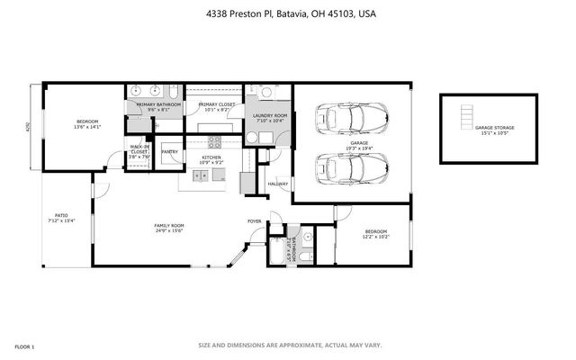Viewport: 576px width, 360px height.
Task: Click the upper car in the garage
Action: coord(352,117)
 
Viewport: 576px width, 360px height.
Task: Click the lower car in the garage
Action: coord(352,166)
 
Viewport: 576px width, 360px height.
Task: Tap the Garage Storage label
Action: coord(494,128)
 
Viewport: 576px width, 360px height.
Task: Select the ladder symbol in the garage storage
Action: coord(465,118)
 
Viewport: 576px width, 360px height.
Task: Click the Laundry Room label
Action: coord(269,115)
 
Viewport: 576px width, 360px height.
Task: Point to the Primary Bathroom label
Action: coord(158,104)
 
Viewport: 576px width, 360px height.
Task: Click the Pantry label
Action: coord(169,152)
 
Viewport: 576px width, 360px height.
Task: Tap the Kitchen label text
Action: coord(211,157)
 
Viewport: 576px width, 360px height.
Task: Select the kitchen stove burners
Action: coord(214,139)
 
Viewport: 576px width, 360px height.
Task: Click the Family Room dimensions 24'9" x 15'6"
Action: coord(168,230)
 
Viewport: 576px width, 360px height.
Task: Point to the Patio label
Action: coord(61,217)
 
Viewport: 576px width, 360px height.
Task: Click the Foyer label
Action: coord(255,220)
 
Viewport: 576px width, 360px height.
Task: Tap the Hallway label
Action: coord(278,184)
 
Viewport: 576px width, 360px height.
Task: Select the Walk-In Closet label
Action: coord(139,149)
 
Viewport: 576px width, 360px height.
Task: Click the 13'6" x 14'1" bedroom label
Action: coord(86,123)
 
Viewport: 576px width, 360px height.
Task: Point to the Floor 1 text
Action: coord(24,346)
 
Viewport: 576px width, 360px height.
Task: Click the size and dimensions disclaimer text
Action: coord(290,345)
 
